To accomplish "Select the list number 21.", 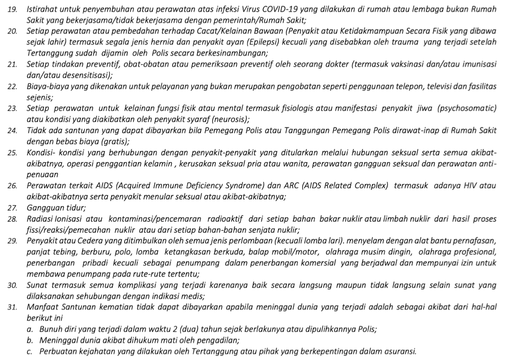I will pos(13,64).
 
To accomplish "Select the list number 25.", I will pos(13,152).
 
